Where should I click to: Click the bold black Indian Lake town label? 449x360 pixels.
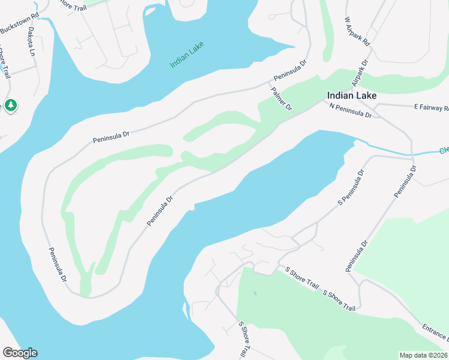352,95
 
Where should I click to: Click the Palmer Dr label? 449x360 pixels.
281,98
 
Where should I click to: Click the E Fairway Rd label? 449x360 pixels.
431,108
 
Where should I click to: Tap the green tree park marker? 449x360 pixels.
10,106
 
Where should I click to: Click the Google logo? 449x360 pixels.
20,353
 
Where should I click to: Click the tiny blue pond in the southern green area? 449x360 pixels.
255,293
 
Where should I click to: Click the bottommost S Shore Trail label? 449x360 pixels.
244,340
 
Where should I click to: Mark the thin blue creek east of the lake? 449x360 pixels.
390,150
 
